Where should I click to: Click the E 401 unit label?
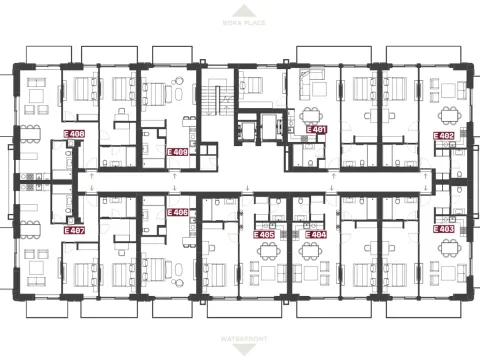(317, 130)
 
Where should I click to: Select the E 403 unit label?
(444, 229)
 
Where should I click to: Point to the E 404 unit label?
(315, 234)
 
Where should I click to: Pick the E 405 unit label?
(266, 234)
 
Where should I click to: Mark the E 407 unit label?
(73, 230)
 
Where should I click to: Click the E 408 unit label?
(73, 133)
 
